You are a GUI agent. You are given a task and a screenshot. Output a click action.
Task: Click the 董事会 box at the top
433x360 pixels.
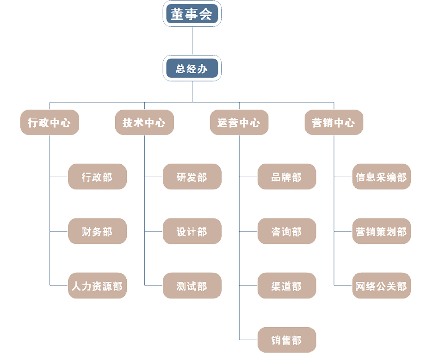tap(192, 14)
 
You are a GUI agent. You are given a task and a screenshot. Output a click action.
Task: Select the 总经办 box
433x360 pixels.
tap(192, 68)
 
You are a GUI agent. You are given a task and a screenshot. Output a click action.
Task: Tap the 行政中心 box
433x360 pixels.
tap(49, 123)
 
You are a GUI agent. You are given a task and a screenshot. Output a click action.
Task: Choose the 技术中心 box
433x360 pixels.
tap(144, 123)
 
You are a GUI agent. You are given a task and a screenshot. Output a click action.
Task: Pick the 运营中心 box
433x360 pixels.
tap(239, 123)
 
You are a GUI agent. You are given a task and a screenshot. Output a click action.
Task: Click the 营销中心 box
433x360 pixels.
tap(334, 123)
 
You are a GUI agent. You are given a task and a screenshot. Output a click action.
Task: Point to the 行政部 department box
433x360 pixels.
tap(97, 177)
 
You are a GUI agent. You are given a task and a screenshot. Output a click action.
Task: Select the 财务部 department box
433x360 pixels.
tap(97, 231)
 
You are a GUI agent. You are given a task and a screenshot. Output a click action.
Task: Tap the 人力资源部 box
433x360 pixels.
tap(97, 286)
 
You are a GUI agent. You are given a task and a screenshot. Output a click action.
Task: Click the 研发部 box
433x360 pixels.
tap(192, 177)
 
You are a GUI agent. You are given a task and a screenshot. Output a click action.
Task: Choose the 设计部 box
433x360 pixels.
tap(192, 231)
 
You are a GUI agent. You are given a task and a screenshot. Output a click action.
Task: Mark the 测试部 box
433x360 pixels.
tap(192, 286)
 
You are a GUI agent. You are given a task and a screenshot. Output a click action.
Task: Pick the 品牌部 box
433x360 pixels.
tap(287, 177)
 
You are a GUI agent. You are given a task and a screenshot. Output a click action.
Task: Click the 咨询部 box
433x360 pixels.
tap(287, 231)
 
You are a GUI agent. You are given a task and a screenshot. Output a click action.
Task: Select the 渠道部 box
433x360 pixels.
tap(287, 286)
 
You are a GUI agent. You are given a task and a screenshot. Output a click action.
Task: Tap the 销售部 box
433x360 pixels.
tap(287, 340)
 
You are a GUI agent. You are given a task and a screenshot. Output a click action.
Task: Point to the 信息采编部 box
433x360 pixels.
tap(382, 177)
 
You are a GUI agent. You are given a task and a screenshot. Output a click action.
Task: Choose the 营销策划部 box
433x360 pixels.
tap(382, 231)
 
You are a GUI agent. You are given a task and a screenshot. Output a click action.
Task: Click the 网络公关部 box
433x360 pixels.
tap(382, 286)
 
